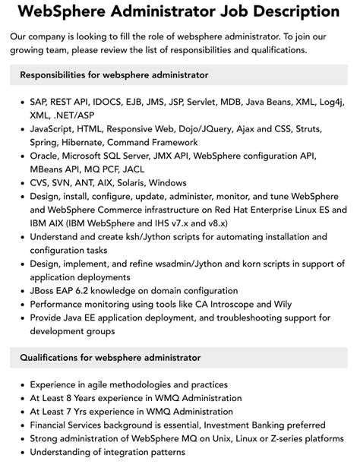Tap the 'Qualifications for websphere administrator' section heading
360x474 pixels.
110,357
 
